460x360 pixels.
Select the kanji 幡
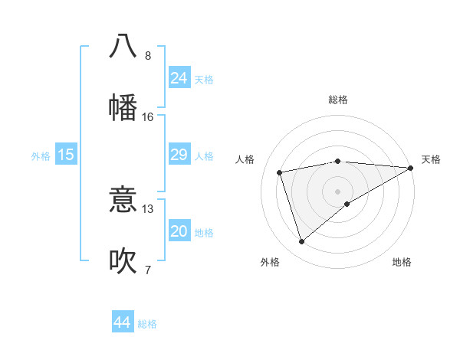click(123, 107)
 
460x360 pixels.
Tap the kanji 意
click(123, 201)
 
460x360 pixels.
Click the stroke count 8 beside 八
click(148, 56)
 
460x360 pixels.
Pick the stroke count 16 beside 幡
click(148, 117)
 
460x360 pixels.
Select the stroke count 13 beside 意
click(148, 209)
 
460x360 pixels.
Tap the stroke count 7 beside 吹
click(148, 270)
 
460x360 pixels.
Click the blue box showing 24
click(179, 78)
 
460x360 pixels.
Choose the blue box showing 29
click(179, 155)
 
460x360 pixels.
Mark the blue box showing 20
click(179, 232)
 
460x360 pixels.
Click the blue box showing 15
click(66, 155)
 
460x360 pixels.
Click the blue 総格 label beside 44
click(147, 324)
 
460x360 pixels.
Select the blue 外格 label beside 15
click(41, 156)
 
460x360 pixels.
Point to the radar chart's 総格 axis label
click(338, 100)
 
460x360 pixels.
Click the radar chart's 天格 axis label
click(431, 159)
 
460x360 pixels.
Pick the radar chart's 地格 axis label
click(402, 262)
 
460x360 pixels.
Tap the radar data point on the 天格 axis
click(411, 168)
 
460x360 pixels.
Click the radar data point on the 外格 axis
click(301, 242)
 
